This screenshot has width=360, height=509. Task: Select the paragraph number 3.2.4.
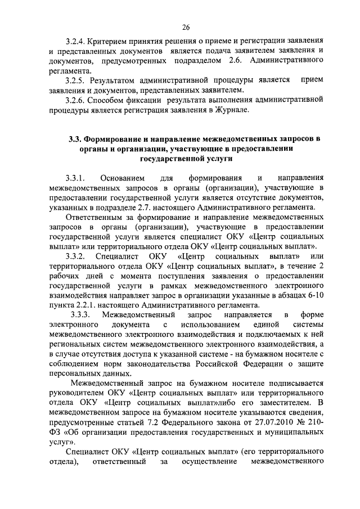75,42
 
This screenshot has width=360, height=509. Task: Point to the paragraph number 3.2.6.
75,100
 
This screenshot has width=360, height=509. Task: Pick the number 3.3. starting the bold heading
75,139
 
